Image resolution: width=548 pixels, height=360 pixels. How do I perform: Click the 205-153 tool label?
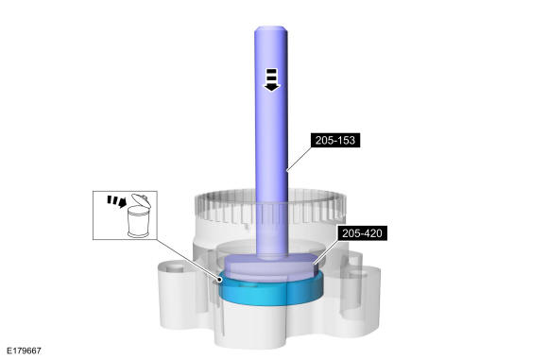(335, 140)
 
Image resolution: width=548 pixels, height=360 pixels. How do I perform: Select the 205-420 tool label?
(362, 233)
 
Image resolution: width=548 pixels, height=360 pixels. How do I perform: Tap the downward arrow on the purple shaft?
(271, 80)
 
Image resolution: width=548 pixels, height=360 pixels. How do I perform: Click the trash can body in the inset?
(138, 222)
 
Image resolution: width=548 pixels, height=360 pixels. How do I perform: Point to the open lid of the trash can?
(141, 199)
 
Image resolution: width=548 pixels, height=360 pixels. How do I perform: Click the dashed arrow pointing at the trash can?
(116, 201)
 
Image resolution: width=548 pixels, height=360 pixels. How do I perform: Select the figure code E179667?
(24, 351)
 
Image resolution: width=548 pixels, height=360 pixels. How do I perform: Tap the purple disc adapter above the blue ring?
(271, 267)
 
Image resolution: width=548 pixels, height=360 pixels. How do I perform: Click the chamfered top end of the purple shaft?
(271, 30)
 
